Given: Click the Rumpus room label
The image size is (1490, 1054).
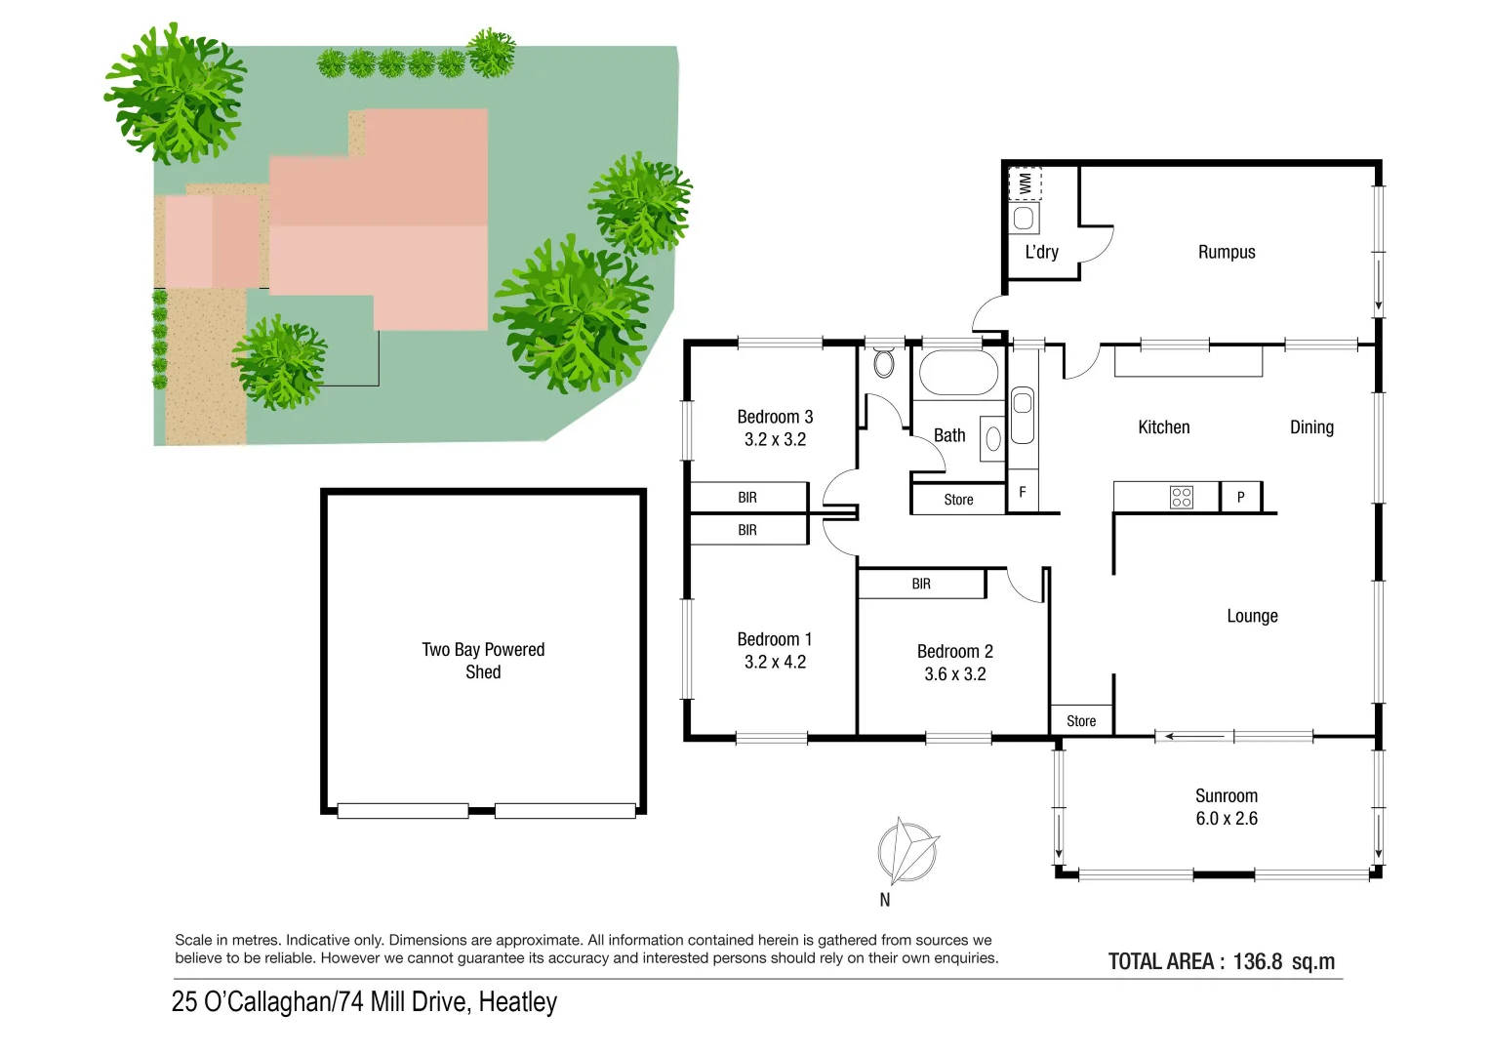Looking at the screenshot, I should [1227, 252].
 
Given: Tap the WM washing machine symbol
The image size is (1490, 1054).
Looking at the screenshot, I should [1025, 182].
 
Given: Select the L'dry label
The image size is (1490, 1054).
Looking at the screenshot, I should [1041, 252].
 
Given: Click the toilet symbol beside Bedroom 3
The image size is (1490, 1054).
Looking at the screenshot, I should [884, 363].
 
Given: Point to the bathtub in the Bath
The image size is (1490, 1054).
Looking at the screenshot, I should [958, 373].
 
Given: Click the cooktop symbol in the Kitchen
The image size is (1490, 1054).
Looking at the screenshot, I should [1181, 498].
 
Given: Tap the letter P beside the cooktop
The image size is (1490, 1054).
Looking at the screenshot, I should [1240, 498].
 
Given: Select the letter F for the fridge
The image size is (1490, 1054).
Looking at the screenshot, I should [1022, 493].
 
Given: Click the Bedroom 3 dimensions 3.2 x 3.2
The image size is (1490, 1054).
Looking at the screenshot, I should [775, 440].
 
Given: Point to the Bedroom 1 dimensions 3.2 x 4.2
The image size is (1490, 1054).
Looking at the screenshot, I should [775, 663].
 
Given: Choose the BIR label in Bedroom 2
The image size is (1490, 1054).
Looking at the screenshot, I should [921, 584].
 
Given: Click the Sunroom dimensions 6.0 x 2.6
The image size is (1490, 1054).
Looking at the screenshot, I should [1227, 820].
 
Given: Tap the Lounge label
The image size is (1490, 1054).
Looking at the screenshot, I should [1252, 617].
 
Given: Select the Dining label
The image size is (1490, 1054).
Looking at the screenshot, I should [1311, 427].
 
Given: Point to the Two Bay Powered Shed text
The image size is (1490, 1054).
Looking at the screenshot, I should [483, 661].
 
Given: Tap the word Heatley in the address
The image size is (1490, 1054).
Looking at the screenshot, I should [518, 1002].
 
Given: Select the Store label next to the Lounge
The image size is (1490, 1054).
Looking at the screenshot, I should [1081, 721].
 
